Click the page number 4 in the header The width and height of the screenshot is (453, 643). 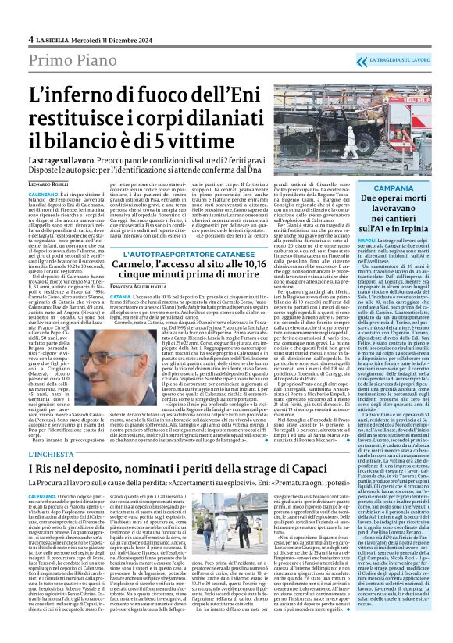(x=30, y=38)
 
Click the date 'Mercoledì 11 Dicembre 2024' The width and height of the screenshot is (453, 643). (x=114, y=38)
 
